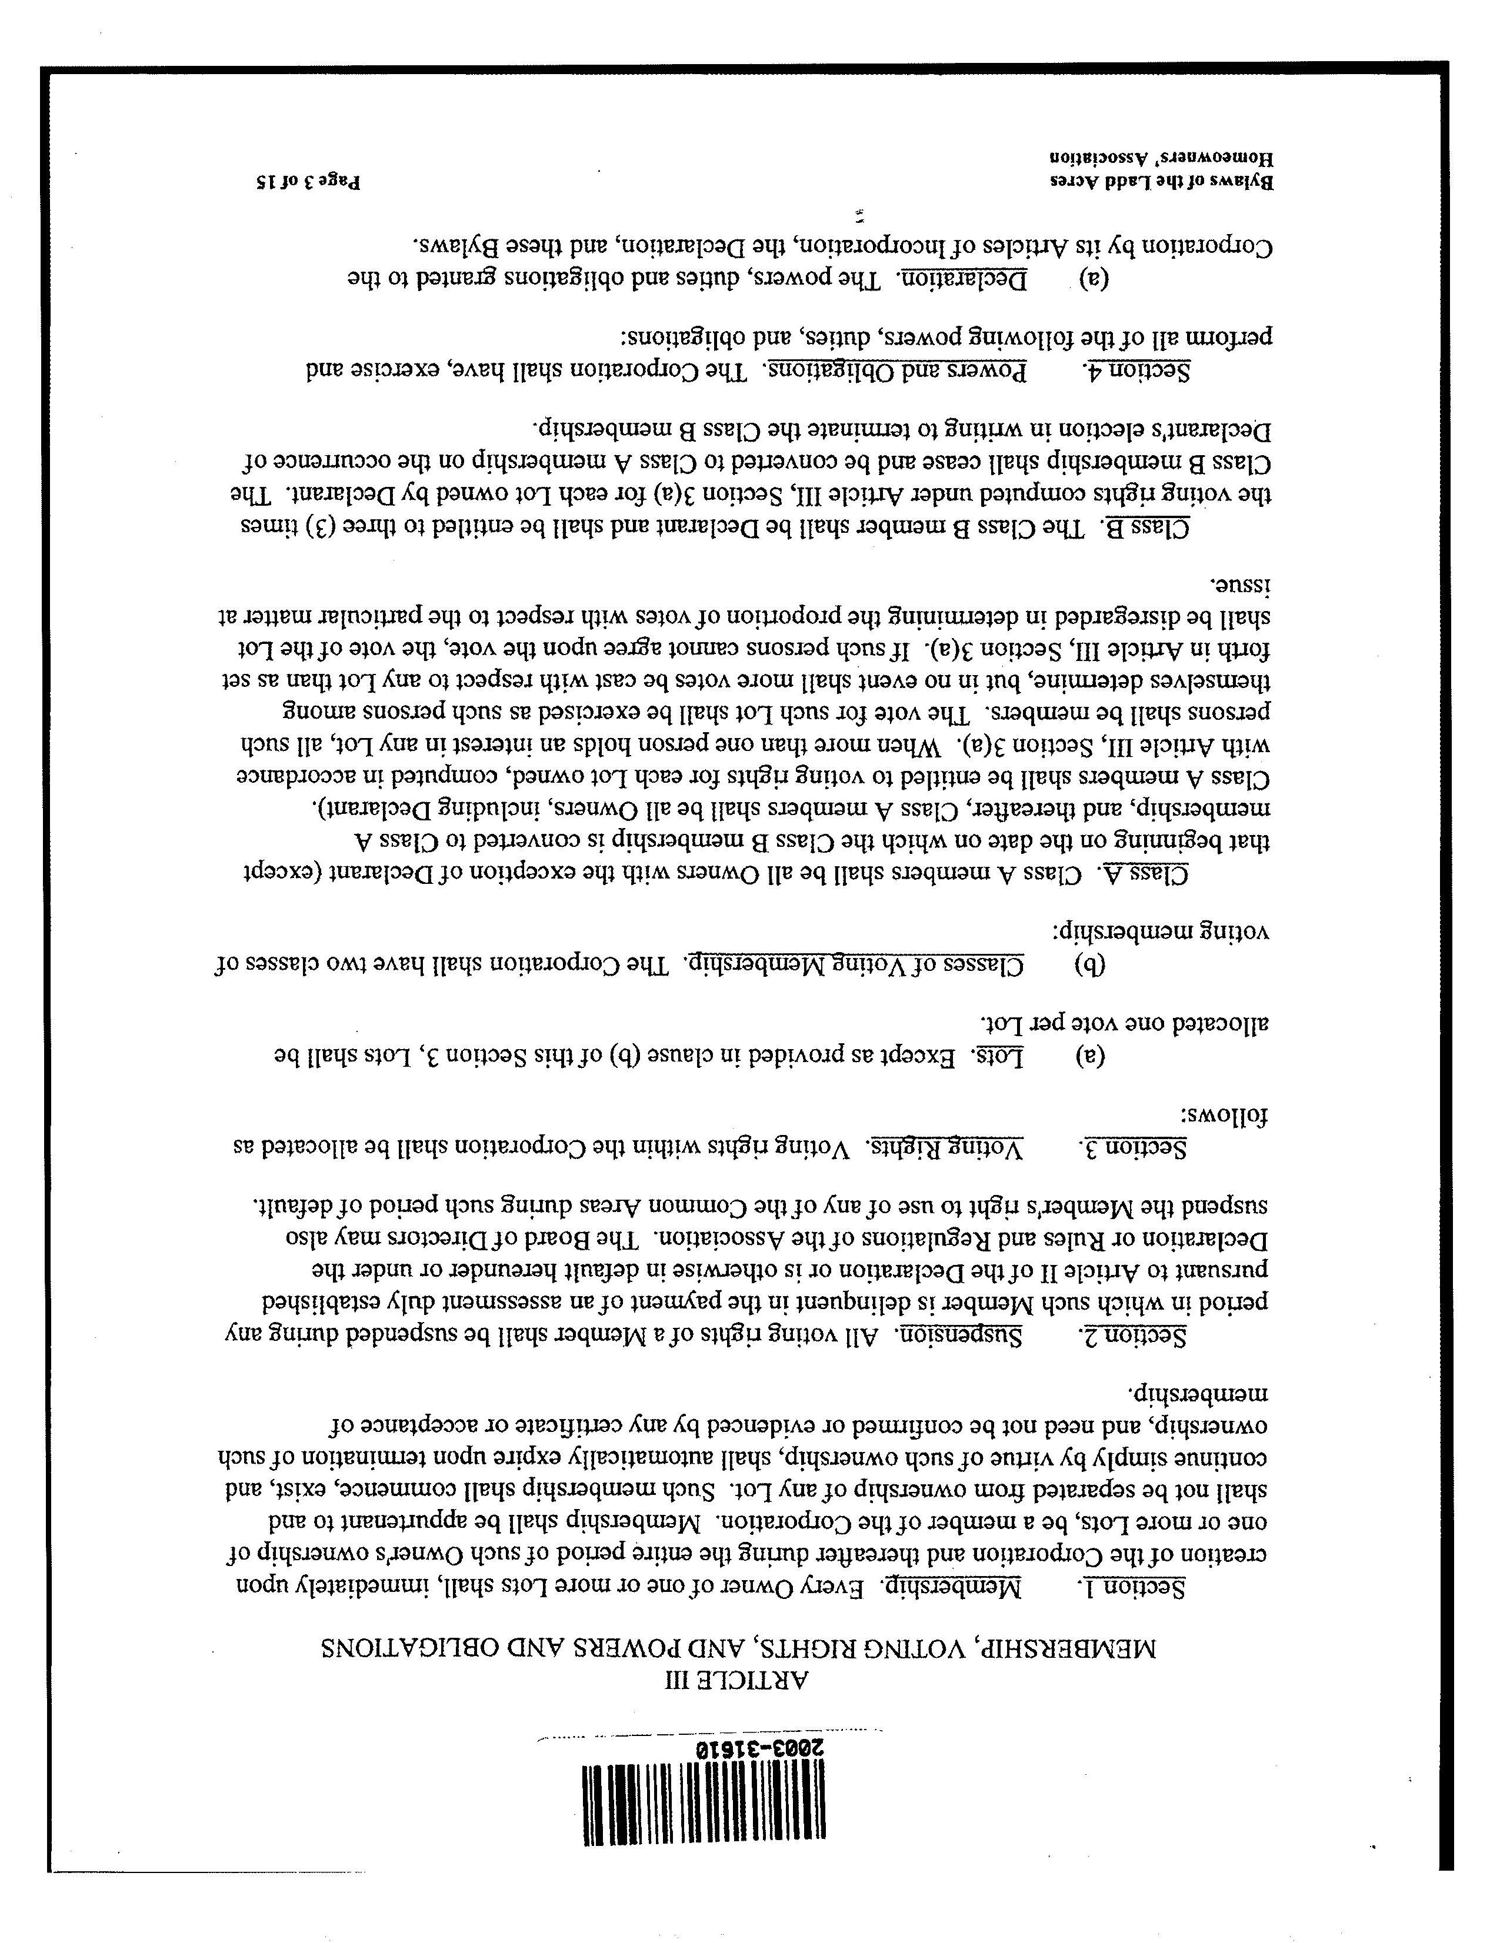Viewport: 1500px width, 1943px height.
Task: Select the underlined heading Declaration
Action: (957, 279)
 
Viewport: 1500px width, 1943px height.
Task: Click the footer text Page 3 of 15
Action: (308, 182)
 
